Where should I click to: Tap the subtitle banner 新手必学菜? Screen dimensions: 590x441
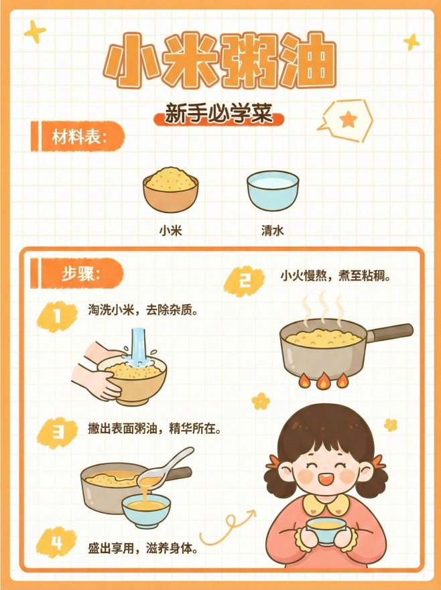pos(219,115)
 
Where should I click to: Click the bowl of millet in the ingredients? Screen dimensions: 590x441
pos(171,190)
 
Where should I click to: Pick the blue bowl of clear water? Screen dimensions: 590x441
pos(272,190)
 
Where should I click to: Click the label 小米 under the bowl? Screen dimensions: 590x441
pos(171,230)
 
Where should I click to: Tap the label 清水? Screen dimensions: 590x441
pos(272,230)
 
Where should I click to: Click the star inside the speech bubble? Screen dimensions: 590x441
pos(348,119)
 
